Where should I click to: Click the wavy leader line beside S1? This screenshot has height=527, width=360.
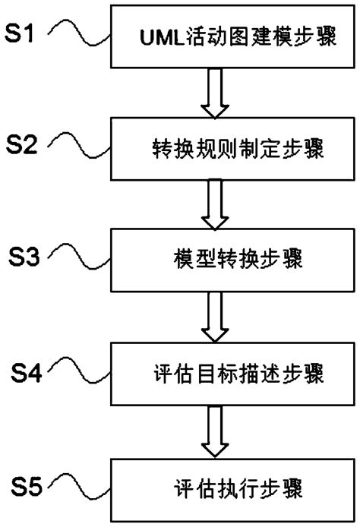tap(79, 35)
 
